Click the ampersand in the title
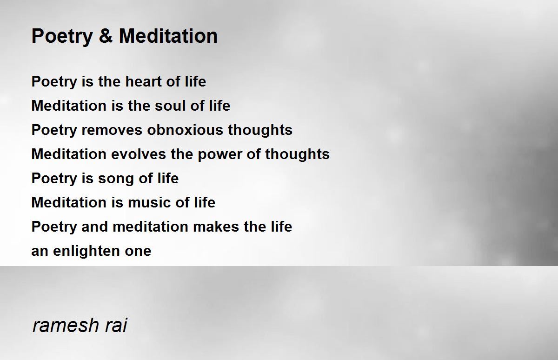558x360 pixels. [106, 36]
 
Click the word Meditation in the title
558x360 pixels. [168, 36]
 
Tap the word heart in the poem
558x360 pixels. [143, 81]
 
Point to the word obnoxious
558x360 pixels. [185, 130]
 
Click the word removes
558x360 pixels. [112, 130]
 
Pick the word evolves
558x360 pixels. [138, 153]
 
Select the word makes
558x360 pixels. [216, 227]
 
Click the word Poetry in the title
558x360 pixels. [62, 37]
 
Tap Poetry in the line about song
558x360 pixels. [54, 179]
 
